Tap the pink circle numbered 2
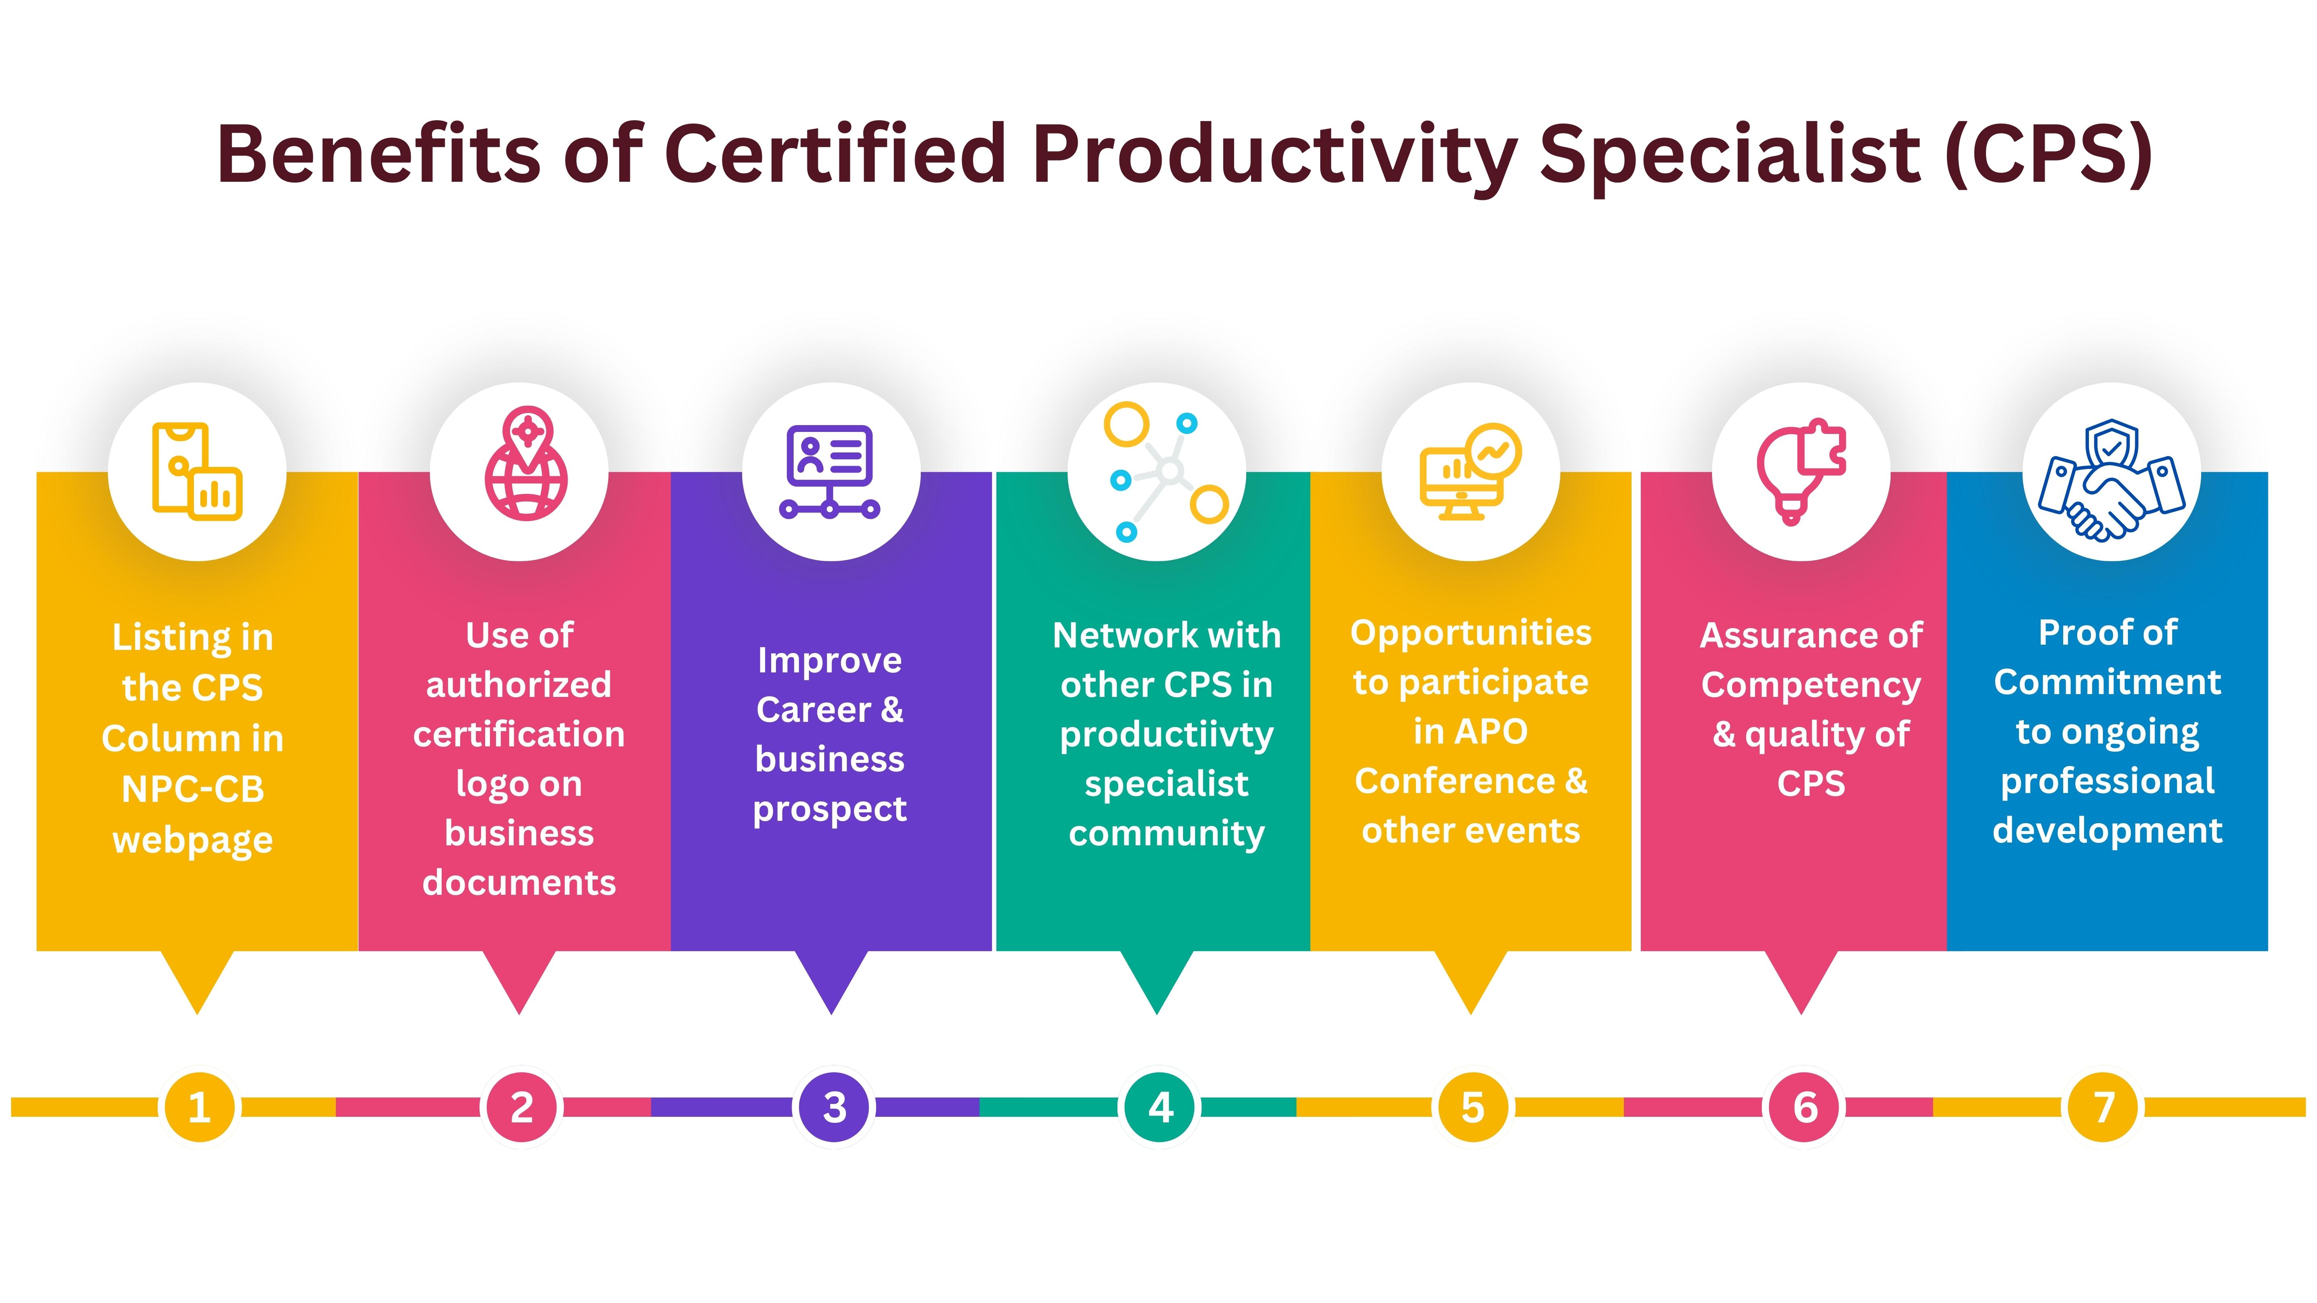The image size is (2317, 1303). [522, 1107]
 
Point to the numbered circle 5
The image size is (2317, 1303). [1472, 1107]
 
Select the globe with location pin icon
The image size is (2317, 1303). [526, 464]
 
